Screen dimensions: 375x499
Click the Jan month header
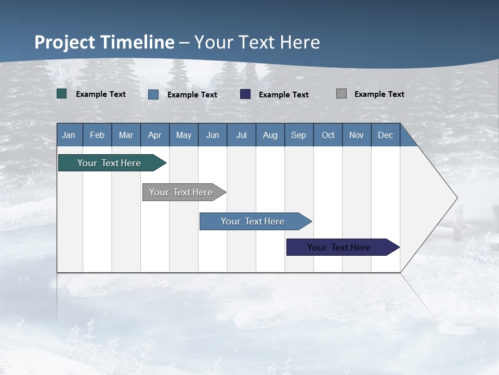69,135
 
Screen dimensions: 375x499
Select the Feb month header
97,135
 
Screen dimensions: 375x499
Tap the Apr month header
154,135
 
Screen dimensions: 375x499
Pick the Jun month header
213,135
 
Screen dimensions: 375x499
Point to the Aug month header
270,135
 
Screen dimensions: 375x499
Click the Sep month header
298,135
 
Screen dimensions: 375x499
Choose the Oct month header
328,135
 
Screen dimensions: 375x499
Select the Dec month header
385,135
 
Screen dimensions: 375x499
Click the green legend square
62,94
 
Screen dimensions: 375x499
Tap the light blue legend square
153,94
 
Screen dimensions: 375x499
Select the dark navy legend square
245,94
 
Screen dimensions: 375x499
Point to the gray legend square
342,94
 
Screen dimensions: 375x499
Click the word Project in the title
65,42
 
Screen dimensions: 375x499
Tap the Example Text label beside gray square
379,94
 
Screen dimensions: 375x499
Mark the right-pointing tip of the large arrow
456,198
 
